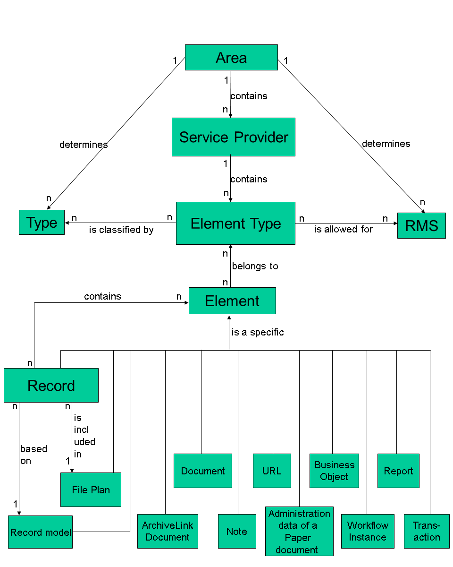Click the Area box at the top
click(x=231, y=58)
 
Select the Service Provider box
click(x=234, y=137)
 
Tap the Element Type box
click(x=235, y=223)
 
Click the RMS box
click(x=421, y=225)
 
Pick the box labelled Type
click(x=42, y=223)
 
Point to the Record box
click(x=51, y=386)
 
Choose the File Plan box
click(x=91, y=490)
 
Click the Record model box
click(x=41, y=532)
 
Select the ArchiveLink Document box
click(x=168, y=531)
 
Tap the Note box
click(x=237, y=531)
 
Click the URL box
click(x=272, y=471)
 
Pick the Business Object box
click(x=334, y=471)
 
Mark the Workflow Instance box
click(x=368, y=531)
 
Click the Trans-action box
click(x=427, y=531)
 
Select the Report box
click(x=398, y=471)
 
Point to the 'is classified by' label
click(x=121, y=230)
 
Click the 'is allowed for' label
click(x=344, y=229)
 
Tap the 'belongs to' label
click(x=255, y=266)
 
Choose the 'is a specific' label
click(x=258, y=332)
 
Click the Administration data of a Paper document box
click(x=299, y=532)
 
